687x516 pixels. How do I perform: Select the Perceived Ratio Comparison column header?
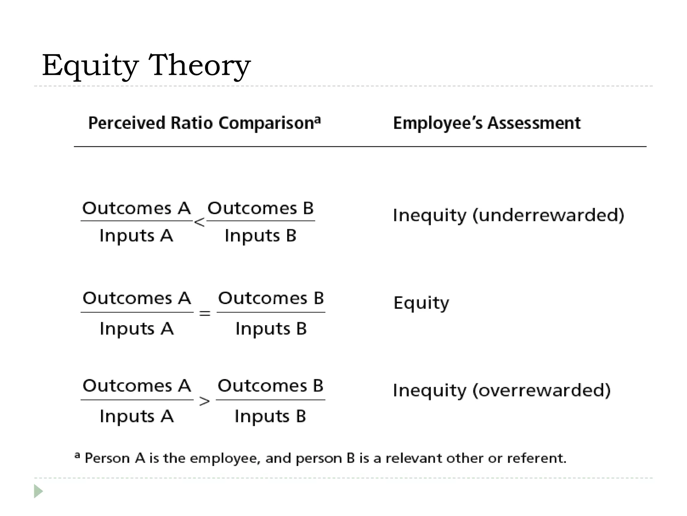(x=204, y=123)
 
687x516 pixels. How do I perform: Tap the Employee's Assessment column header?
(x=486, y=123)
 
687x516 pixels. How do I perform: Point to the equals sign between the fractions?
(x=205, y=314)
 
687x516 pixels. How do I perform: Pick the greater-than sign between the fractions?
(x=205, y=401)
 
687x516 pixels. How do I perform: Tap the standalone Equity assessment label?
(x=421, y=303)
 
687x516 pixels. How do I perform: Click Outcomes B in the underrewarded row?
(x=260, y=208)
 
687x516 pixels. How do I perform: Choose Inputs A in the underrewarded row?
(x=136, y=235)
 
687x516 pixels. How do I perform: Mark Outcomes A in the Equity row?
(x=137, y=298)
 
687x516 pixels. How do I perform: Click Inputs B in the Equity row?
(x=271, y=329)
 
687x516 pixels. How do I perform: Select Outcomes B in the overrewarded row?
(x=270, y=386)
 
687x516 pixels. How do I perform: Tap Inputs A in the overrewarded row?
(x=137, y=417)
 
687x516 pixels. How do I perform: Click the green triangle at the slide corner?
(x=38, y=491)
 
